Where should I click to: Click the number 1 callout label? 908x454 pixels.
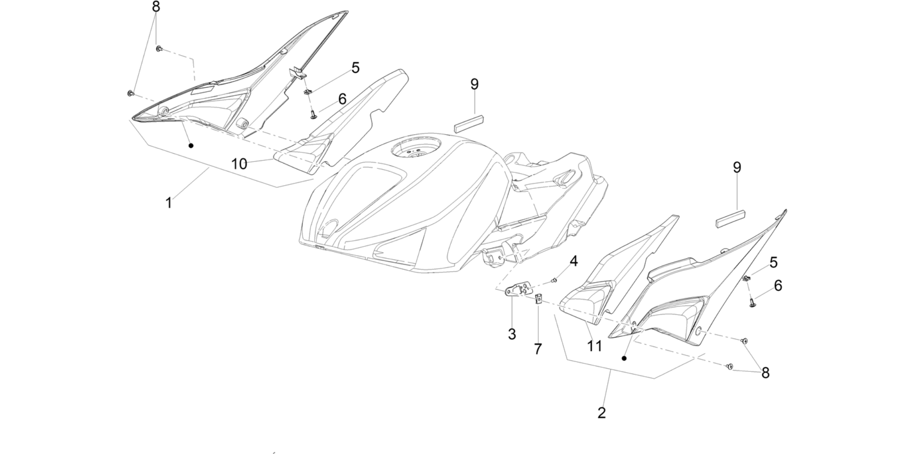click(x=168, y=203)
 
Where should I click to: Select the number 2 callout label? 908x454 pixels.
click(x=601, y=413)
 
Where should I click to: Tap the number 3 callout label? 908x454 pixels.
click(x=512, y=335)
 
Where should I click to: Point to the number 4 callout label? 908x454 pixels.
click(x=574, y=261)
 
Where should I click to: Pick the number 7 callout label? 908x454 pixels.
click(x=538, y=349)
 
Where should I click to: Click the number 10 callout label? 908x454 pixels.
click(x=239, y=164)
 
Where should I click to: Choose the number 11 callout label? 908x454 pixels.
click(x=594, y=346)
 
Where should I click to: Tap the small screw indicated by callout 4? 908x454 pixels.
click(x=554, y=280)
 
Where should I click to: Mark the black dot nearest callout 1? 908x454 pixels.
click(x=191, y=145)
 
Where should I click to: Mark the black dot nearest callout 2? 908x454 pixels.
click(x=624, y=358)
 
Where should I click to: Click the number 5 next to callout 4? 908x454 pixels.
click(x=774, y=263)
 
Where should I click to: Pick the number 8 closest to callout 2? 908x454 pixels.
click(x=765, y=373)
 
